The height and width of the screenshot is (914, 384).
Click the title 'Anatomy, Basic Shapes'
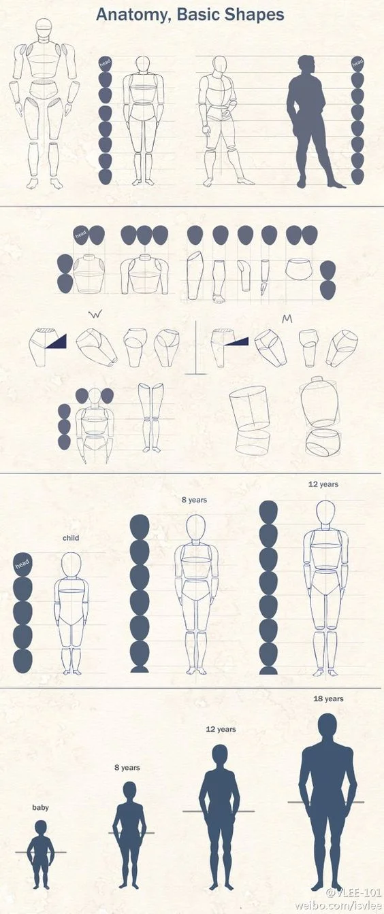tap(190, 14)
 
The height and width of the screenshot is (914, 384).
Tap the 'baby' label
tap(40, 808)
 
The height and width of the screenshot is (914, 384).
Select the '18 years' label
tap(327, 698)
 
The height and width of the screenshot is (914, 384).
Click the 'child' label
tap(71, 538)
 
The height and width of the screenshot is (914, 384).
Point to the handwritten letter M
tap(287, 318)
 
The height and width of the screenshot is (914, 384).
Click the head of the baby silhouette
tap(40, 828)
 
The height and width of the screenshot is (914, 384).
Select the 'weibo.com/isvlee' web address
tap(338, 906)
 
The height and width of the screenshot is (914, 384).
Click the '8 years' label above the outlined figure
tap(194, 500)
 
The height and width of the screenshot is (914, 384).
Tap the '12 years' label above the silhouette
tap(221, 729)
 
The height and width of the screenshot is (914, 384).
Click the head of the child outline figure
tap(71, 564)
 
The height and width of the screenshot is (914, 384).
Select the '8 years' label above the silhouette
tap(127, 768)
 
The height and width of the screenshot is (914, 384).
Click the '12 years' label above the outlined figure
tap(323, 485)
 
